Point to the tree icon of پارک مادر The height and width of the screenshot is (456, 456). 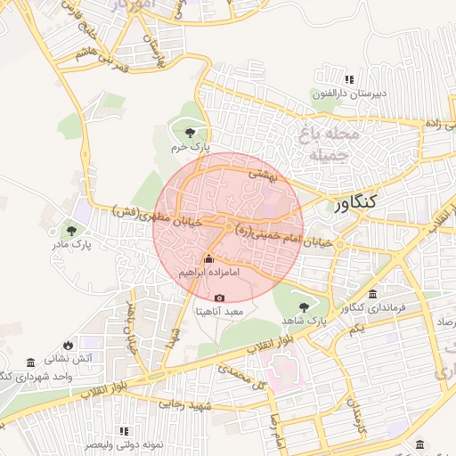point(69,226)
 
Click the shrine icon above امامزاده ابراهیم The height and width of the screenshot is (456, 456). point(209,258)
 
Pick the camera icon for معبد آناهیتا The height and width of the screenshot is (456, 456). point(220,298)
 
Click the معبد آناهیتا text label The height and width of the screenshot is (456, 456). point(220,313)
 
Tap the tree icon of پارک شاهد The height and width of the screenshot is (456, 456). point(302,305)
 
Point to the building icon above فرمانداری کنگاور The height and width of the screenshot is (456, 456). point(371,295)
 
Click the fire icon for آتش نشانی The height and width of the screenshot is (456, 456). point(69,345)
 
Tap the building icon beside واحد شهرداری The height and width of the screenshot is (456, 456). point(31,362)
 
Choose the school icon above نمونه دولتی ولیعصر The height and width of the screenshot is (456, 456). point(124,430)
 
